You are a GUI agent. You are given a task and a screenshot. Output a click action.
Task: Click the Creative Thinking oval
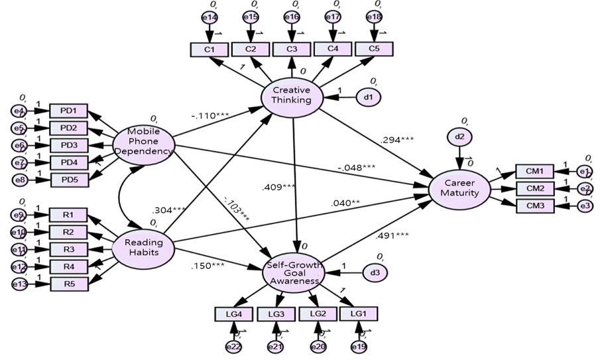pyautogui.click(x=292, y=95)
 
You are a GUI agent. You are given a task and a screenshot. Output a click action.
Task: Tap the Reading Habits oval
pyautogui.click(x=143, y=247)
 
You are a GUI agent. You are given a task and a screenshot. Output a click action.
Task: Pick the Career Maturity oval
pyautogui.click(x=459, y=188)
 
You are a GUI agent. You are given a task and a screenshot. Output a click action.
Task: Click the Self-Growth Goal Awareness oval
pyautogui.click(x=292, y=272)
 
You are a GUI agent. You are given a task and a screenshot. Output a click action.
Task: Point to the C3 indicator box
pyautogui.click(x=292, y=50)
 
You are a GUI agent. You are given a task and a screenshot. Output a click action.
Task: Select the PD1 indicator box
pyautogui.click(x=68, y=111)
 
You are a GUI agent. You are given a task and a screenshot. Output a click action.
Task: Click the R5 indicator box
pyautogui.click(x=68, y=283)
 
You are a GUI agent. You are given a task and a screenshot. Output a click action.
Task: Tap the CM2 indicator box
pyautogui.click(x=534, y=189)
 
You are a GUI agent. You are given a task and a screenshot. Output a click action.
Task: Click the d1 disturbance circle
pyautogui.click(x=368, y=97)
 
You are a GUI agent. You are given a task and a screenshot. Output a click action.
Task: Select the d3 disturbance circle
pyautogui.click(x=374, y=272)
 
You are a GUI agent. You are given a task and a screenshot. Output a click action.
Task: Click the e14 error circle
pyautogui.click(x=210, y=18)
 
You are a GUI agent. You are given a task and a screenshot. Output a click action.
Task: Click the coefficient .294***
pyautogui.click(x=396, y=140)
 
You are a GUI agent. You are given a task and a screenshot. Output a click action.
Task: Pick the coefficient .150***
pyautogui.click(x=207, y=265)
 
